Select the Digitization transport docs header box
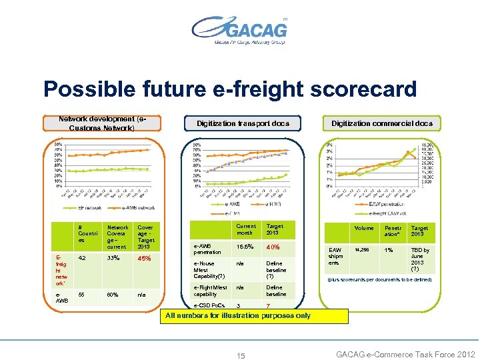coord(243,123)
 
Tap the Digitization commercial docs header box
coord(381,123)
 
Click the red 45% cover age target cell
coord(144,259)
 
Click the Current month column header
coord(246,229)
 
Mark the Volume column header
coord(363,228)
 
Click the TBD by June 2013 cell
coord(421,259)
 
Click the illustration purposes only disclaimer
coord(237,315)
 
